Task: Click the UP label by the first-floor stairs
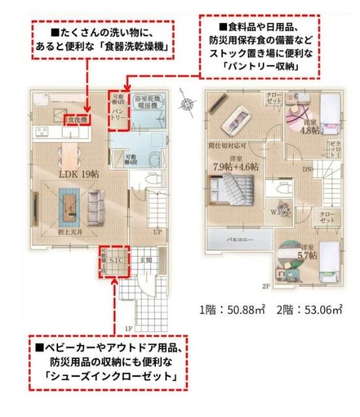click(x=157, y=231)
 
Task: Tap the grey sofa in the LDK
click(x=95, y=203)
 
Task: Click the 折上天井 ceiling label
click(x=68, y=231)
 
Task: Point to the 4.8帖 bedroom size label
click(x=309, y=130)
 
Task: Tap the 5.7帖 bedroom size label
click(x=308, y=256)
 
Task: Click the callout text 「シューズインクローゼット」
click(x=104, y=377)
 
